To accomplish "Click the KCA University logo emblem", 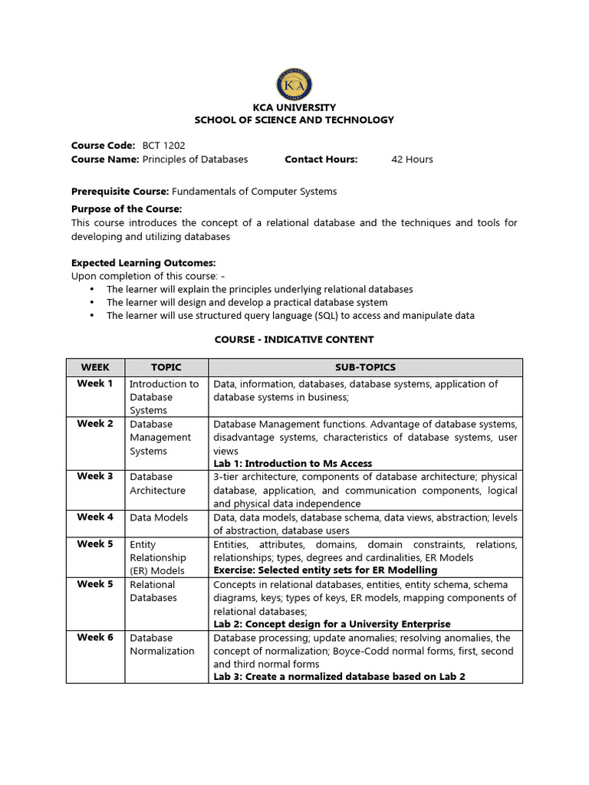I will click(x=294, y=84).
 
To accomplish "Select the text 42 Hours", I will click(x=412, y=159).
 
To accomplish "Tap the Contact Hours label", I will click(x=321, y=159).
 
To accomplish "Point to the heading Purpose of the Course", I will click(x=127, y=209).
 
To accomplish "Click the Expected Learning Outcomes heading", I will click(x=143, y=263).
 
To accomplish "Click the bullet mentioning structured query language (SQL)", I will click(x=290, y=315).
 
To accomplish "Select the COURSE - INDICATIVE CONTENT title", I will click(x=294, y=339).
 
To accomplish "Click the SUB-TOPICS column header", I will click(x=365, y=367).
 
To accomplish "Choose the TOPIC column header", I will click(x=166, y=367).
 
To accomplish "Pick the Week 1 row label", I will click(x=95, y=383).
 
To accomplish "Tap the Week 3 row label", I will click(x=95, y=476).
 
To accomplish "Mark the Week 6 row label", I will click(x=95, y=637).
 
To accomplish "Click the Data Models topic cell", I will click(x=159, y=517).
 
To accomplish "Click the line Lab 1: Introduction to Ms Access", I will click(x=292, y=463).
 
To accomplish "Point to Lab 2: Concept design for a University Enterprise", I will click(x=331, y=624).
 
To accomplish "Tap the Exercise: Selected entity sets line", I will click(x=325, y=570).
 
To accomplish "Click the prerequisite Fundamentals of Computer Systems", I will click(x=254, y=192).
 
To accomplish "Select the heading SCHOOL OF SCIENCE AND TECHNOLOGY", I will click(x=294, y=120).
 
